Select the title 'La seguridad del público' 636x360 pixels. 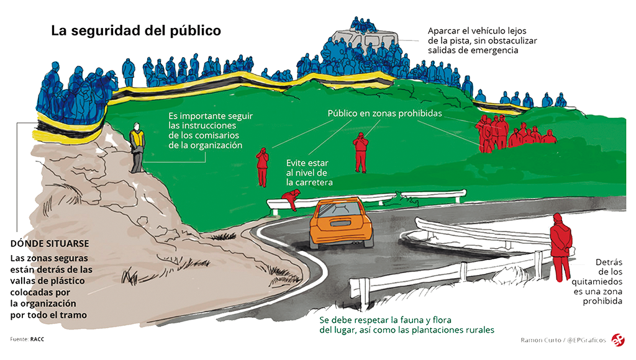136,30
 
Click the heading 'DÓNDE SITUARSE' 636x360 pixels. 50,243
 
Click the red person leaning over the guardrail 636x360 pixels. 290,200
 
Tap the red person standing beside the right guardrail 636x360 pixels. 561,246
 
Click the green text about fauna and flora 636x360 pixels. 407,325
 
